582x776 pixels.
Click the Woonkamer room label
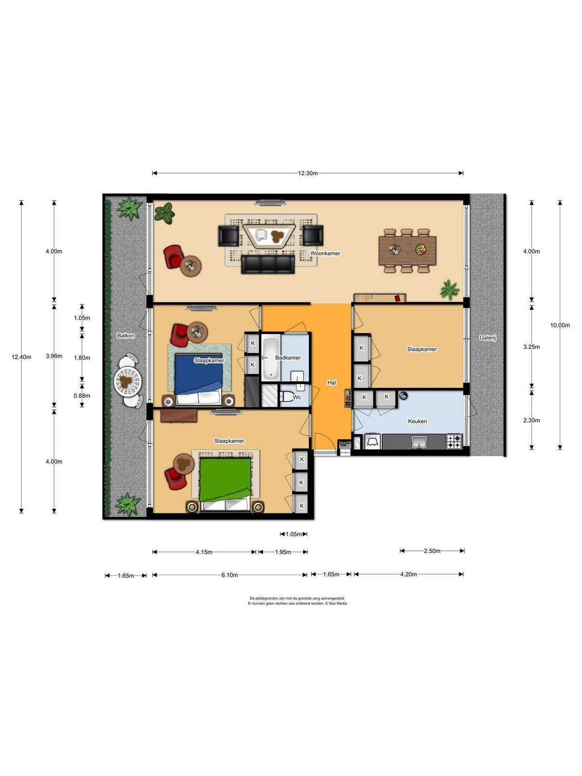(x=325, y=254)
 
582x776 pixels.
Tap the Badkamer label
(x=288, y=358)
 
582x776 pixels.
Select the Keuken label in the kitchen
(x=417, y=421)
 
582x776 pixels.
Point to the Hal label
(x=331, y=383)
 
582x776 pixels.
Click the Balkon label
(x=126, y=336)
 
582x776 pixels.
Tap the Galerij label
(x=487, y=338)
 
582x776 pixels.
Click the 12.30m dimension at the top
(x=308, y=173)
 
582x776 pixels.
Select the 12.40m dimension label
(x=21, y=357)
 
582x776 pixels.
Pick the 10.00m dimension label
(x=560, y=325)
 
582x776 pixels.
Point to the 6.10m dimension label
(x=230, y=575)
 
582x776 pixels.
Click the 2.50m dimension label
(x=432, y=551)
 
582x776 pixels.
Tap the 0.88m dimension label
(x=81, y=396)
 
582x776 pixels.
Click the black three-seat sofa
(x=268, y=264)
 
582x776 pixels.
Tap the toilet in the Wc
(x=288, y=397)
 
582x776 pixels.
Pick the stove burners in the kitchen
(x=454, y=441)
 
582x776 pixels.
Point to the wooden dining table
(x=407, y=251)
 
